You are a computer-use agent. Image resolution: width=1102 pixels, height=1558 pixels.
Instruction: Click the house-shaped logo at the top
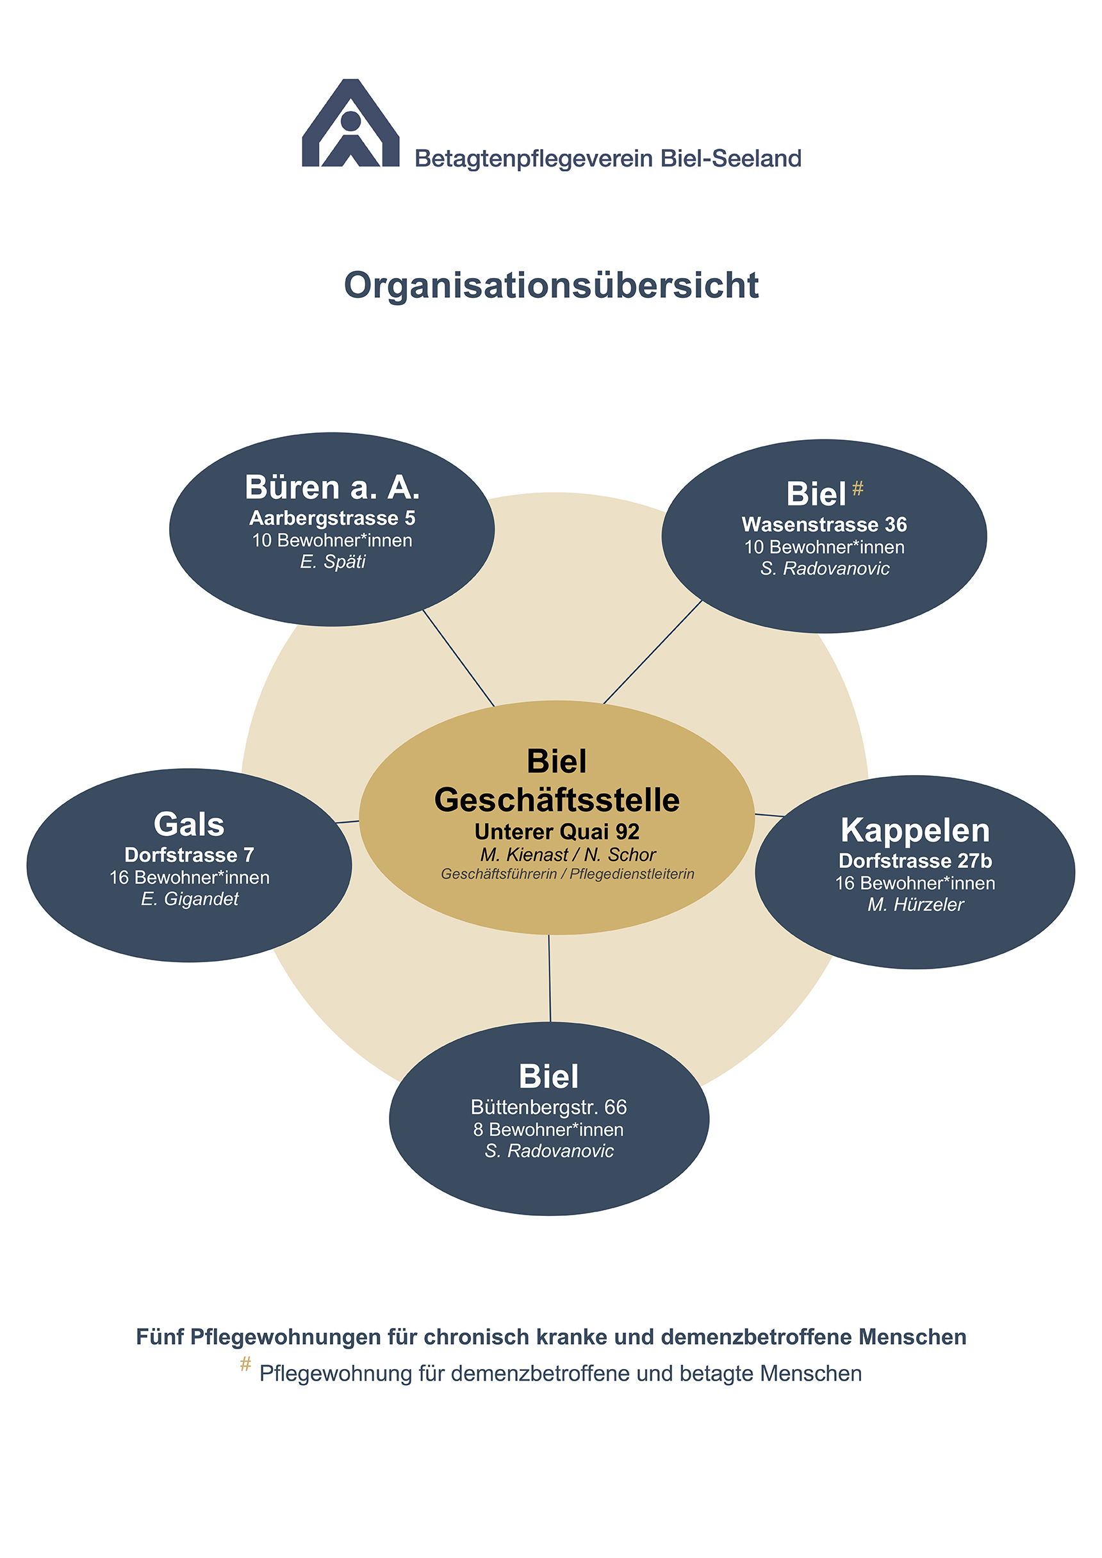(x=350, y=124)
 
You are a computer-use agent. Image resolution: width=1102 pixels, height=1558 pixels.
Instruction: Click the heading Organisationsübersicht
(x=551, y=285)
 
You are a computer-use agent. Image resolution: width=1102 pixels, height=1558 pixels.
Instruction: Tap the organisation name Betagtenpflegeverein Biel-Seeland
(x=608, y=159)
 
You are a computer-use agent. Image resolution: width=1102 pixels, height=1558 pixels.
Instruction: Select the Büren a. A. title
(x=332, y=488)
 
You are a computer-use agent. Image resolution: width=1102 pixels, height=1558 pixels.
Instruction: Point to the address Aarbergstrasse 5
(x=332, y=518)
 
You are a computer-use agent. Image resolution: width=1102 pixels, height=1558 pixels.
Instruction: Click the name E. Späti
(x=333, y=562)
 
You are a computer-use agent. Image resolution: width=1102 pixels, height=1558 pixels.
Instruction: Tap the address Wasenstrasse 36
(x=824, y=525)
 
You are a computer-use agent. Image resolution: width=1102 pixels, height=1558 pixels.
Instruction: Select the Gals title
(x=188, y=824)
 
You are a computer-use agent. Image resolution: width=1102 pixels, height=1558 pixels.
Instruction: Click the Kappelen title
(x=915, y=830)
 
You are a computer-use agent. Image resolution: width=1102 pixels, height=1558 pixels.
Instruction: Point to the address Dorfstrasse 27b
(x=915, y=860)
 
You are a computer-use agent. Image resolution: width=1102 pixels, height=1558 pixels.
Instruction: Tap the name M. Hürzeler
(x=915, y=905)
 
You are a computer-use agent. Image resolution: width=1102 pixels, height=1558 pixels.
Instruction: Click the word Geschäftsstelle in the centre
(x=556, y=799)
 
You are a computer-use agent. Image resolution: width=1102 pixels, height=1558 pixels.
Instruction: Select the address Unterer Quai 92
(x=556, y=832)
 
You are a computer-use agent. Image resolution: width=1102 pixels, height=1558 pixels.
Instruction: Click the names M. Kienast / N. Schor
(x=567, y=855)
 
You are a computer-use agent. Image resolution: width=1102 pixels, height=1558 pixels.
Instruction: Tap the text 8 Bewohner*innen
(x=548, y=1129)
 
